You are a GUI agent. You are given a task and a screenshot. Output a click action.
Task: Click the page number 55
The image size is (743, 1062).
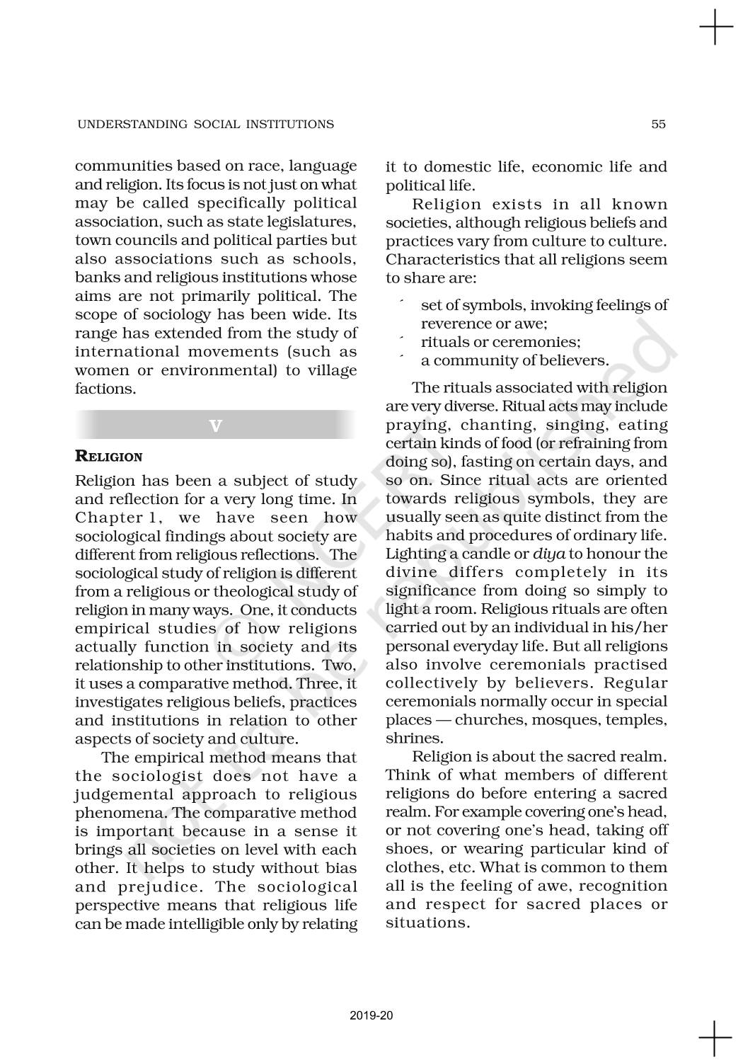[658, 125]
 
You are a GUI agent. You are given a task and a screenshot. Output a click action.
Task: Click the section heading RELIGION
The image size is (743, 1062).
[108, 457]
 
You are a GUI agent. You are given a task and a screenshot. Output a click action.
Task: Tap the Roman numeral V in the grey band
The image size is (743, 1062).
[216, 426]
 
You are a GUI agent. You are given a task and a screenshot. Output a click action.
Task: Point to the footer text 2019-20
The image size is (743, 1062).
[371, 1016]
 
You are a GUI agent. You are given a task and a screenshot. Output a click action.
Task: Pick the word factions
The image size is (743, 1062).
[105, 389]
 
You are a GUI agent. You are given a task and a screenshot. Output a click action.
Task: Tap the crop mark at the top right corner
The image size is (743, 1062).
[716, 28]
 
